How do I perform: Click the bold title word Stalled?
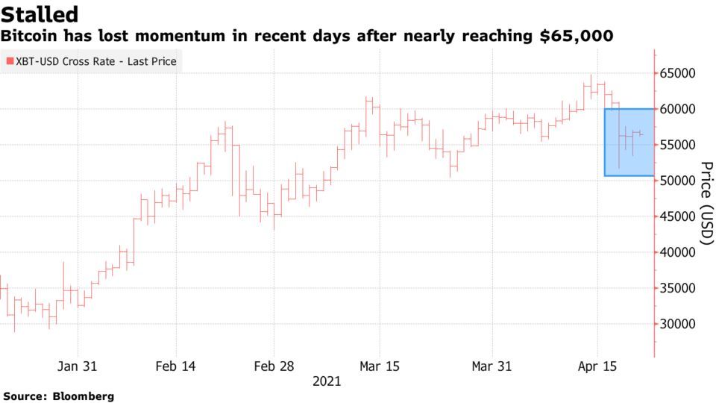click(x=40, y=13)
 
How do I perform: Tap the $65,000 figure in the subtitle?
click(x=580, y=36)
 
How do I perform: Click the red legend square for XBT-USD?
click(x=10, y=61)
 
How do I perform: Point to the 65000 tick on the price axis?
click(x=679, y=73)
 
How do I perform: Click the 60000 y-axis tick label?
click(x=679, y=109)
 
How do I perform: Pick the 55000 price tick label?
click(x=679, y=145)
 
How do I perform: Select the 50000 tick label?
click(x=679, y=181)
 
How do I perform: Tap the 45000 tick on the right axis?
click(x=679, y=216)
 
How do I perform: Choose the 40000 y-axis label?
click(x=679, y=252)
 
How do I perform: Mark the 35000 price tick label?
click(x=679, y=288)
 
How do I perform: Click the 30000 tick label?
click(x=679, y=324)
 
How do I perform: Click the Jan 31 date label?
click(x=77, y=366)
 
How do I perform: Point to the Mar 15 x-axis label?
click(x=379, y=366)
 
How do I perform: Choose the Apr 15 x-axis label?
click(x=597, y=366)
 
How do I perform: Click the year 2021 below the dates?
click(x=327, y=381)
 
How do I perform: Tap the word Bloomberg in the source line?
click(x=84, y=396)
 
